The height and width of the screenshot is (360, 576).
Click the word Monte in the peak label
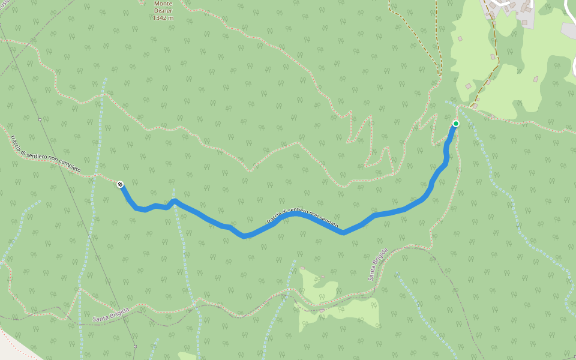pyautogui.click(x=163, y=4)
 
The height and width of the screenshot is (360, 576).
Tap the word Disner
pyautogui.click(x=163, y=10)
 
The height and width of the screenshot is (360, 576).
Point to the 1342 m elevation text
pyautogui.click(x=163, y=17)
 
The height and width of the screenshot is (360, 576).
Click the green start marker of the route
pyautogui.click(x=456, y=124)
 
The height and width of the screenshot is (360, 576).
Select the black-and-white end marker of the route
pyautogui.click(x=120, y=184)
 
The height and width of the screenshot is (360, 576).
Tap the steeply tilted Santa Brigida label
pyautogui.click(x=377, y=265)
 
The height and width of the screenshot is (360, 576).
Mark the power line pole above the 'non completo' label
pyautogui.click(x=40, y=119)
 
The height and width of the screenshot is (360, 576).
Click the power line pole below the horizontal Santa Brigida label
pyautogui.click(x=136, y=346)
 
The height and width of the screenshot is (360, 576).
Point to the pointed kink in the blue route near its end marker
pyautogui.click(x=174, y=200)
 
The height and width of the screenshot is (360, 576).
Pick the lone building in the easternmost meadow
pyautogui.click(x=536, y=79)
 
